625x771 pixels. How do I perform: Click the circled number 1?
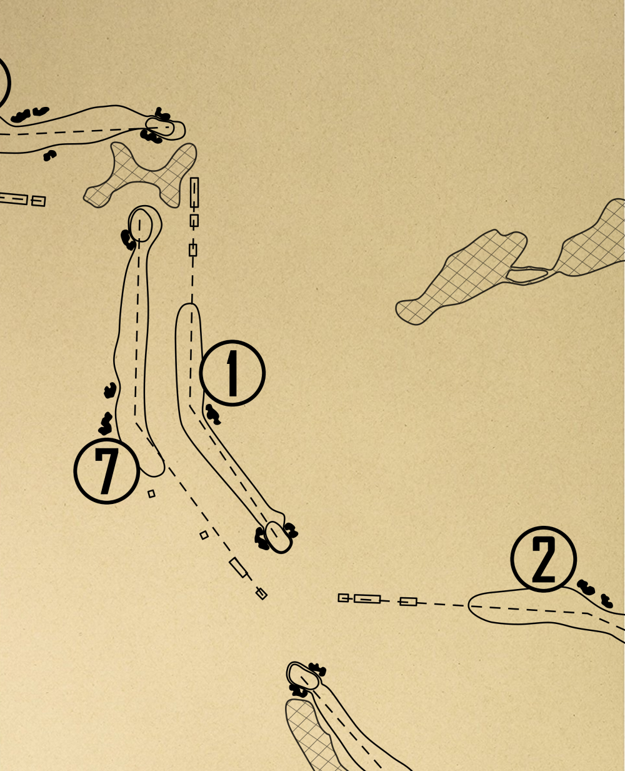tap(232, 373)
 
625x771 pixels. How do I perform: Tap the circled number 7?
tap(107, 471)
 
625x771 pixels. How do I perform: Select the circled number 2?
tap(544, 559)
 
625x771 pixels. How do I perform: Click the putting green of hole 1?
tap(278, 537)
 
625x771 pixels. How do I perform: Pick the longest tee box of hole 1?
tap(194, 193)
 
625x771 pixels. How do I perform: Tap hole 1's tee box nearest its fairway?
tap(193, 249)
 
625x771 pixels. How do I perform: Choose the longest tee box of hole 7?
tap(238, 567)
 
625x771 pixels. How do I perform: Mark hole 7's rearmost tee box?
tap(261, 593)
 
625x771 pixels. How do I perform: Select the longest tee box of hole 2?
tap(367, 599)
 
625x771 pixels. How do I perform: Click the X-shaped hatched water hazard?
tap(141, 175)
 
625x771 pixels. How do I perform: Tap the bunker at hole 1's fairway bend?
tap(212, 415)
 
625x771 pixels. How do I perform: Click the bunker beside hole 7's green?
tap(127, 239)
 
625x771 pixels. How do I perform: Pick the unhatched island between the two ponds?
tap(527, 273)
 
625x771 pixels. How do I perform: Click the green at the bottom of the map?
tap(303, 676)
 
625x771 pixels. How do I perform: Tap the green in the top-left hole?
tap(159, 127)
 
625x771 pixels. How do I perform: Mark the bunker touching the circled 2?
tap(586, 587)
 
